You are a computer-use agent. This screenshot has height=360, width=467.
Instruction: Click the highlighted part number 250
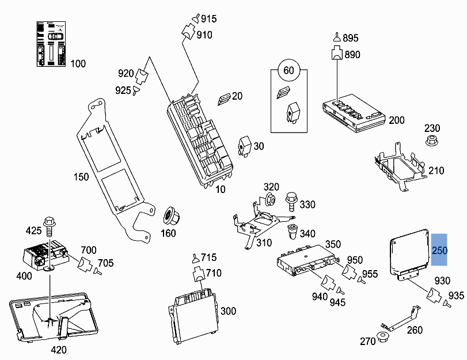coord(439,251)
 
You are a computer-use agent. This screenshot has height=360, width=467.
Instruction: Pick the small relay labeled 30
coord(245,146)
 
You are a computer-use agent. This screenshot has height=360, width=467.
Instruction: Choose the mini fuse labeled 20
coord(223,99)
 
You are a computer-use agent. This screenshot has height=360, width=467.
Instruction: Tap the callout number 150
coord(81,176)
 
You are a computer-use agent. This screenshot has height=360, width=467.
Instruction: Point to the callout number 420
coord(59,350)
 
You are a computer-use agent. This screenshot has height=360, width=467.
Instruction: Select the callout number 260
coord(415,330)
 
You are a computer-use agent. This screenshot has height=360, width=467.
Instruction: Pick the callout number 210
coord(436,170)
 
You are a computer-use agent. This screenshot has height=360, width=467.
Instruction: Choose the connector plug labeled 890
coord(336,54)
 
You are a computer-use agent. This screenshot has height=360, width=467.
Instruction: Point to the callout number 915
coord(208,19)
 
